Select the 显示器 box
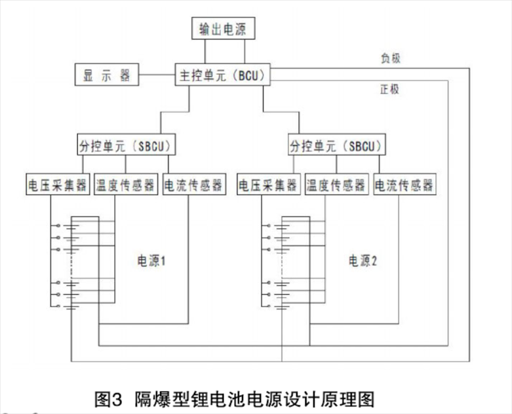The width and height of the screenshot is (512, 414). click(106, 75)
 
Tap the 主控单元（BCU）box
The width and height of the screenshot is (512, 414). click(222, 75)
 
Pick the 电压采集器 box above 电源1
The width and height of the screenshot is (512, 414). click(58, 185)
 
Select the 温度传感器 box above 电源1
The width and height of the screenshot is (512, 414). click(126, 185)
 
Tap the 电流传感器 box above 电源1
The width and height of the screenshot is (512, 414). click(194, 185)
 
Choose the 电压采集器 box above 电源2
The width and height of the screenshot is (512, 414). click(268, 185)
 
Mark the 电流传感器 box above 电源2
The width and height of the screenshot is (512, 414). click(404, 185)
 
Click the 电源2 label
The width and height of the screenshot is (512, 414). click(362, 261)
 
